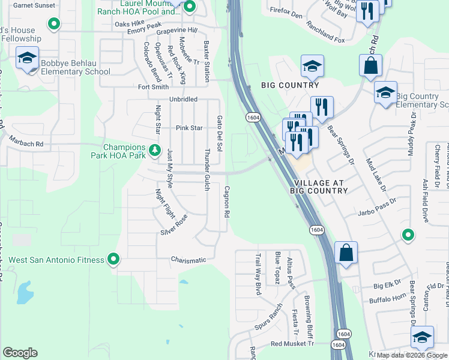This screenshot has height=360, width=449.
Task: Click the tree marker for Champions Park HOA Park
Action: click(155, 150)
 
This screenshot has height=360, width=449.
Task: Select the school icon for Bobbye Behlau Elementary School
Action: click(27, 58)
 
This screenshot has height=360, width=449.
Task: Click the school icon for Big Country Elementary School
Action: click(385, 93)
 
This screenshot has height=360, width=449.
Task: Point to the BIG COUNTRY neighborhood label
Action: click(286, 86)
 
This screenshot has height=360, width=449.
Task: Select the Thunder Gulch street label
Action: click(207, 170)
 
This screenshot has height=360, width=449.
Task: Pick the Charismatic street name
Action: click(188, 260)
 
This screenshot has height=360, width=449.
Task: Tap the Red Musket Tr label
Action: click(292, 343)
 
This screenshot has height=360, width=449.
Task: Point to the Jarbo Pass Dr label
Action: click(379, 212)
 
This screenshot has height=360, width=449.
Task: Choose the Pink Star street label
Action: click(189, 128)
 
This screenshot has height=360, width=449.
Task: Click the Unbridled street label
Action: click(183, 100)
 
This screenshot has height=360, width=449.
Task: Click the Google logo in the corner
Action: click(20, 353)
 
